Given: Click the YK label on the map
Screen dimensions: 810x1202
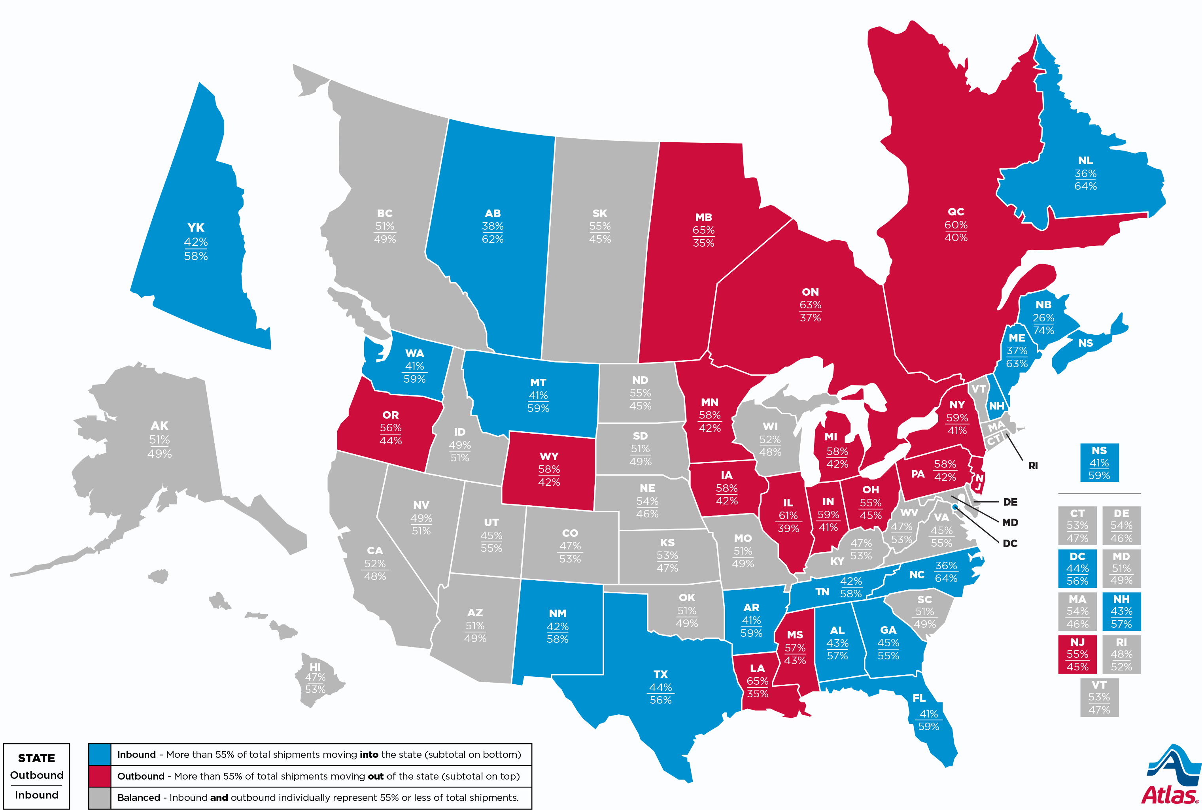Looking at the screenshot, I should tap(196, 228).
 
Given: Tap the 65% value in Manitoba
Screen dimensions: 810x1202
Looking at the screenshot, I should tap(703, 230).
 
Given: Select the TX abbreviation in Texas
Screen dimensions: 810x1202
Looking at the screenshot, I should tap(660, 674).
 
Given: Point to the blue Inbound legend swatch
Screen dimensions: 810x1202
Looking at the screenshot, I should tap(99, 754).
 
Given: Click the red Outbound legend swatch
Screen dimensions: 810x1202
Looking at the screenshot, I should tap(99, 776).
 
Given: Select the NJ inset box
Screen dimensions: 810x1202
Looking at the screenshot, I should tap(1077, 654).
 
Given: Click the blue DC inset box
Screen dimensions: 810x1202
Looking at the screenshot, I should tap(1077, 568).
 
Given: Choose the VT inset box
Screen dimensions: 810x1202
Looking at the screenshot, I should tap(1099, 697).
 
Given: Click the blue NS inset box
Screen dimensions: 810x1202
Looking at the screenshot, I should tap(1099, 463).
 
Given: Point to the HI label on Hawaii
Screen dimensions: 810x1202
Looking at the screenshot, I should tap(315, 667).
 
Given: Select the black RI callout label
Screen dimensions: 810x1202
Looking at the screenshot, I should tap(1032, 465).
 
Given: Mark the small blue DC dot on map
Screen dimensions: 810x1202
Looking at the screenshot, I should tap(954, 507).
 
